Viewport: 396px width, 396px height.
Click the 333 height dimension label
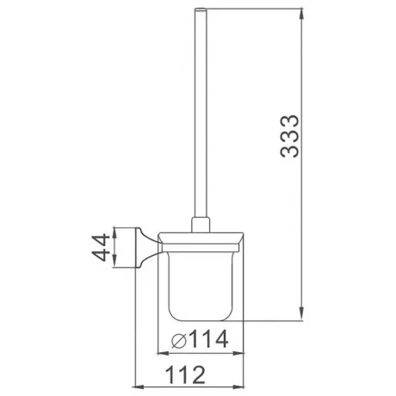289,136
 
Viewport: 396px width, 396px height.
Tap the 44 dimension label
101,247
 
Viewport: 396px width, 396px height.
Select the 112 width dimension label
185,374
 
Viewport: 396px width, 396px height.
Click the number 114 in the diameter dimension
208,339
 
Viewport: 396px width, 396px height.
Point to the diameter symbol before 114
179,341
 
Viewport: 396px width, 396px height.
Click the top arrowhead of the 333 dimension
301,15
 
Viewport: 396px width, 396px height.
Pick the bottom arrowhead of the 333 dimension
301,313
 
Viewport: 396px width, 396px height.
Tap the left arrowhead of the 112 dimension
139,387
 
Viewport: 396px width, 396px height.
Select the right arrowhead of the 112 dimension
238,387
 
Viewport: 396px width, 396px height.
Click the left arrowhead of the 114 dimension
164,353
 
